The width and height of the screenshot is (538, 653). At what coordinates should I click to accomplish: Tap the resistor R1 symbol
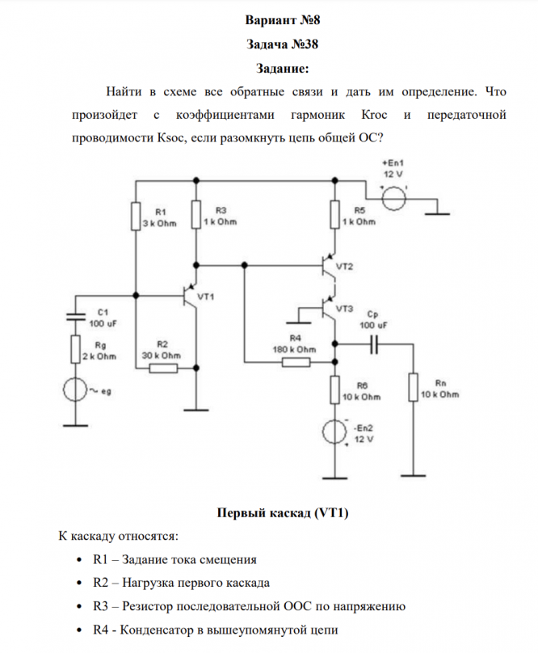135,216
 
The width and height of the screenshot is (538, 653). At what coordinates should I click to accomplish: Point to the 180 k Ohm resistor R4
296,362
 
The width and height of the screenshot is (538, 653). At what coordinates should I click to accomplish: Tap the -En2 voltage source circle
334,432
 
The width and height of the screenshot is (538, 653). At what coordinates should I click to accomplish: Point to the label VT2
344,266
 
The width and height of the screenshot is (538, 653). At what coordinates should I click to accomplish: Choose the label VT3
344,308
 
